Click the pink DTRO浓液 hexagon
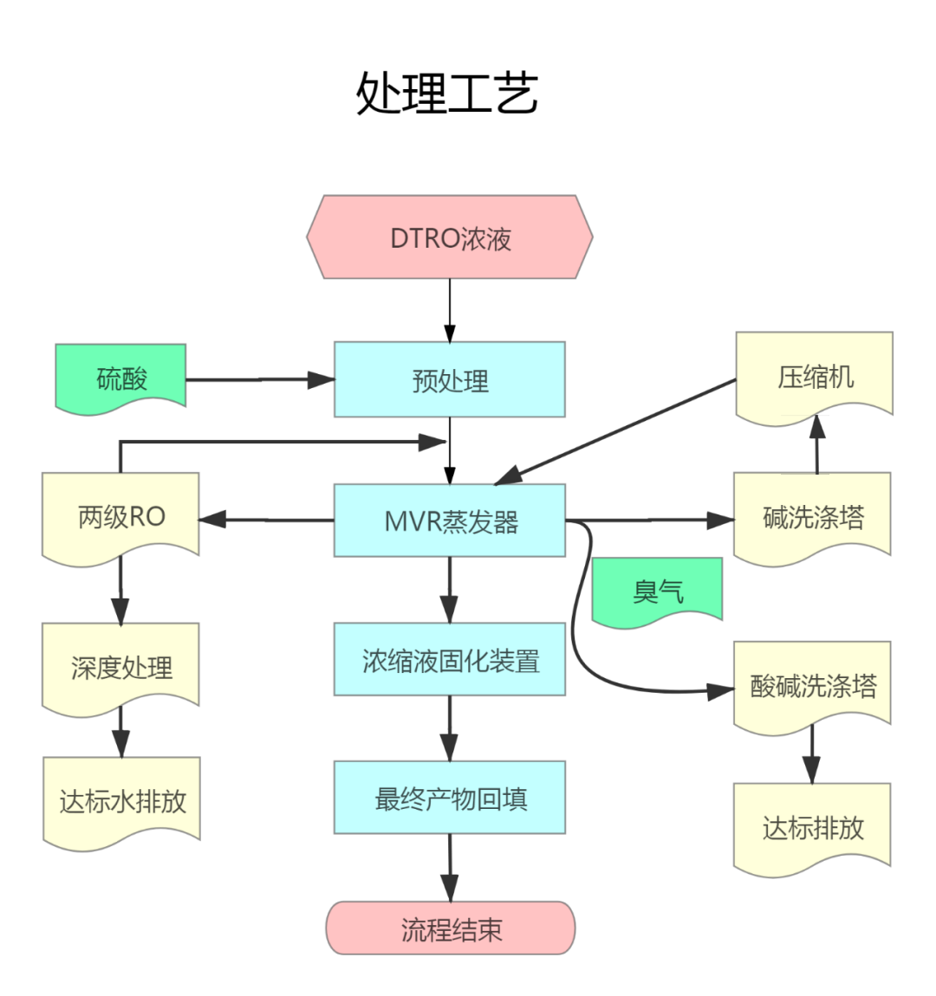(450, 237)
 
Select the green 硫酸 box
(121, 378)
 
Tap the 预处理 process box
(450, 379)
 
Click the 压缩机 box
(814, 377)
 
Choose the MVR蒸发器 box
(450, 521)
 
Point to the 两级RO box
(121, 517)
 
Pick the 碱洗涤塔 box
(812, 517)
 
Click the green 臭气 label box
(657, 591)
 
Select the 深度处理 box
(121, 667)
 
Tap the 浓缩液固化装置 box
(450, 660)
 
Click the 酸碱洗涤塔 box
(812, 686)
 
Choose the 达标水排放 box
(121, 800)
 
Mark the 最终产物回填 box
(450, 798)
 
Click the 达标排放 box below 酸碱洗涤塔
(812, 827)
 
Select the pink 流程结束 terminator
(451, 928)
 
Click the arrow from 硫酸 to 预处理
(260, 379)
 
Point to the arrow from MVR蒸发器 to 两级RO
(267, 520)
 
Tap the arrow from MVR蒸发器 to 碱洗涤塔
(650, 521)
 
